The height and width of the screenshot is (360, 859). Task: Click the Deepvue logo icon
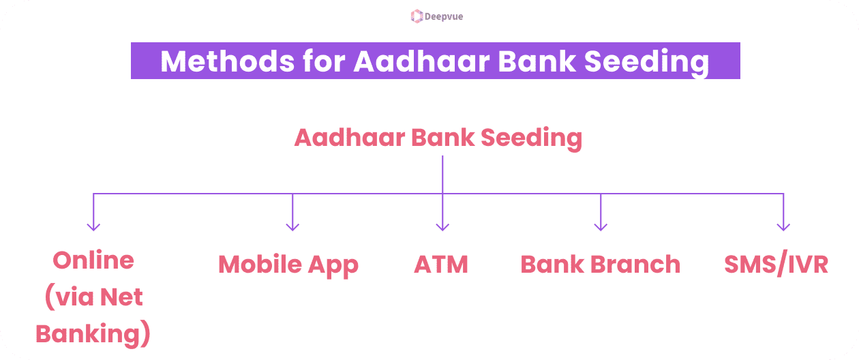coord(417,16)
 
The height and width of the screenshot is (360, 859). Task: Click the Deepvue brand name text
coord(443,16)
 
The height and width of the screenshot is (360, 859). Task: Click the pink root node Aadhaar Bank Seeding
coord(438,138)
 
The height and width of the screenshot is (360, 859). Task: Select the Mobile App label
coord(288,265)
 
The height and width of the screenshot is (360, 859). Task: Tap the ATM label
coord(441,265)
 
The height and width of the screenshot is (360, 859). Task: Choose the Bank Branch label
coord(600,265)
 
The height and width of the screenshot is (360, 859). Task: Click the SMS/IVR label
coord(776,265)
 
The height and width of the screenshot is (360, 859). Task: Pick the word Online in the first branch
coord(93,260)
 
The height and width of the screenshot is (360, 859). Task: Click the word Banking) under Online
coord(93,334)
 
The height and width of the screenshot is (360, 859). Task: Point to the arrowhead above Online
coord(93,226)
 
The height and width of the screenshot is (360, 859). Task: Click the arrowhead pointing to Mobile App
coord(292,226)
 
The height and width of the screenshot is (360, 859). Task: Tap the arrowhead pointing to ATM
coord(442,226)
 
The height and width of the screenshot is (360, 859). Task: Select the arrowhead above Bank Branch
coord(601,226)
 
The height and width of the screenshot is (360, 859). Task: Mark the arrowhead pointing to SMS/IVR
coord(783,226)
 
